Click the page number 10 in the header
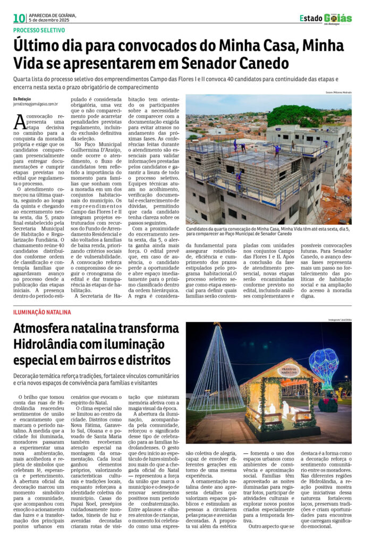click(x=20, y=19)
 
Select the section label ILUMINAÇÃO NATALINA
click(x=42, y=312)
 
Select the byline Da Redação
click(x=22, y=99)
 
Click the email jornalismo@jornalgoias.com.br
click(x=36, y=105)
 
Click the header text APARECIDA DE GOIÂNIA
click(x=53, y=15)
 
